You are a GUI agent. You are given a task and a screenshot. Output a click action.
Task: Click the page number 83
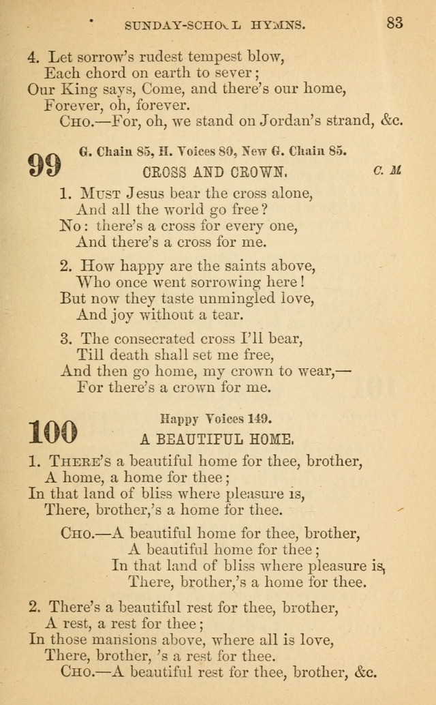tap(394, 22)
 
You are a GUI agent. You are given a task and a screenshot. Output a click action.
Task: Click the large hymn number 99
tap(45, 165)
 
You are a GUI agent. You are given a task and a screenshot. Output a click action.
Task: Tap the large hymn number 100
tap(53, 431)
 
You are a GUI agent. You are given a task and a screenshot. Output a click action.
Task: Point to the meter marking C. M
tap(387, 170)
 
